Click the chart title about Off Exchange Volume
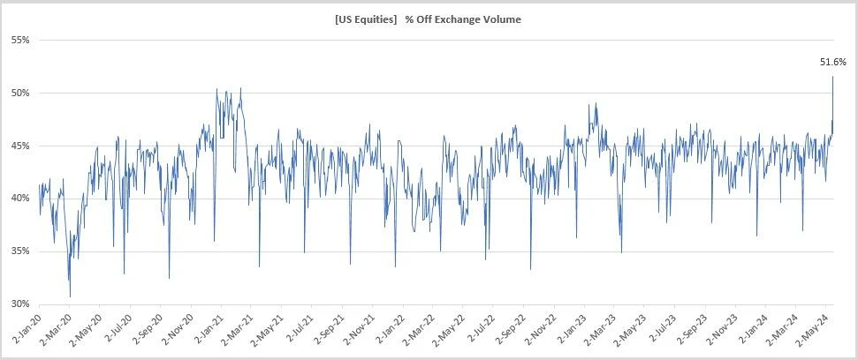(428, 19)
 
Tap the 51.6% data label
(833, 62)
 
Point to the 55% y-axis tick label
(19, 41)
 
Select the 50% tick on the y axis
(19, 94)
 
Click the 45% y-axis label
(19, 146)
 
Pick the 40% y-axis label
(19, 199)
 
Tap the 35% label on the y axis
(19, 251)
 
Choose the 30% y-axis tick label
(19, 304)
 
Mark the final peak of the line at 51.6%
(832, 77)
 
